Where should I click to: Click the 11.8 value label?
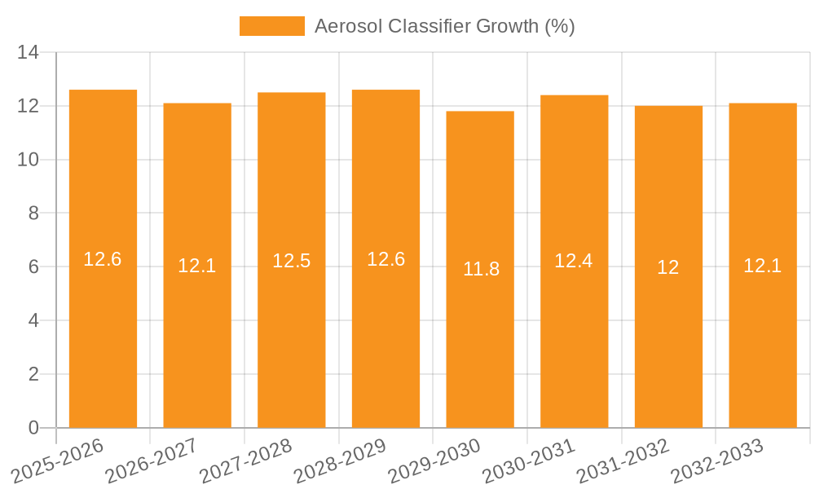pyautogui.click(x=481, y=269)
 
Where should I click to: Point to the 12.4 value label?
pyautogui.click(x=574, y=261)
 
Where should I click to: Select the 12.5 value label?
pyautogui.click(x=292, y=261)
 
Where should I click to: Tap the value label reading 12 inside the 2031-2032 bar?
pyautogui.click(x=668, y=267)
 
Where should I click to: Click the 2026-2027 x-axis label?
pyautogui.click(x=152, y=460)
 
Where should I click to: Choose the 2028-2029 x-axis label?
pyautogui.click(x=340, y=460)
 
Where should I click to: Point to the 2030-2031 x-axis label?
pyautogui.click(x=529, y=460)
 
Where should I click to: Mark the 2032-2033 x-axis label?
pyautogui.click(x=717, y=460)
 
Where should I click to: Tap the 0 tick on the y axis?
pyautogui.click(x=33, y=428)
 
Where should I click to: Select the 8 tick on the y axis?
pyautogui.click(x=33, y=214)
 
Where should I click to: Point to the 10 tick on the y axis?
pyautogui.click(x=29, y=160)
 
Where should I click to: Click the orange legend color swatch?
pyautogui.click(x=271, y=26)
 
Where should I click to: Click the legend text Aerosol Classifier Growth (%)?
pyautogui.click(x=445, y=26)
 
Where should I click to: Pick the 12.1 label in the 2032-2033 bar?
pyautogui.click(x=763, y=266)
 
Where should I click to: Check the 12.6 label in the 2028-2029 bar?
pyautogui.click(x=386, y=259)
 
